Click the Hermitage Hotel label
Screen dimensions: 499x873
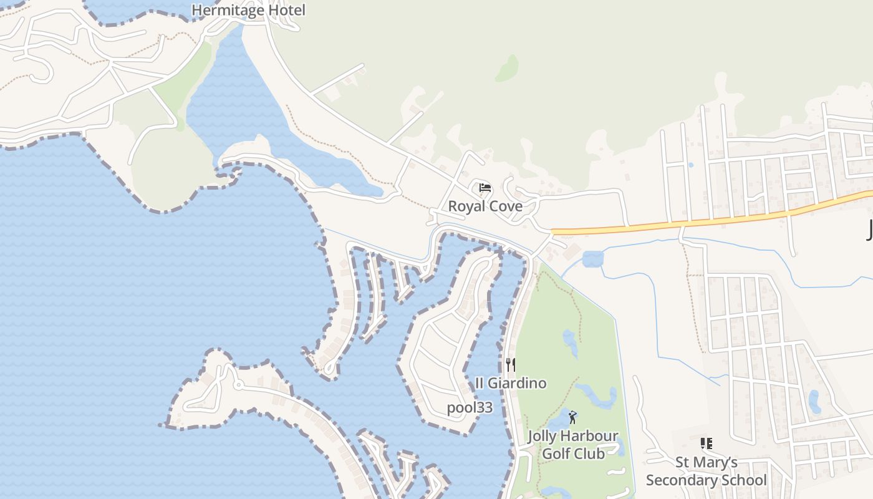pyautogui.click(x=248, y=11)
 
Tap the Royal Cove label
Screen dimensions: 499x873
pyautogui.click(x=485, y=206)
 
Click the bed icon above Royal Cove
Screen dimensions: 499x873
pyautogui.click(x=485, y=187)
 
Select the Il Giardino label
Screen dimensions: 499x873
pyautogui.click(x=511, y=383)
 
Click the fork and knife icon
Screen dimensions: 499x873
pyautogui.click(x=510, y=364)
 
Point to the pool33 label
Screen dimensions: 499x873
pyautogui.click(x=470, y=408)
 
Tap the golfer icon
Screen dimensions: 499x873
pyautogui.click(x=572, y=417)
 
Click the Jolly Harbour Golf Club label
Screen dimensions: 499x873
pyautogui.click(x=572, y=445)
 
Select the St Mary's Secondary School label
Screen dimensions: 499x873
pyautogui.click(x=706, y=471)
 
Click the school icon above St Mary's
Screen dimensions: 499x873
pyautogui.click(x=706, y=443)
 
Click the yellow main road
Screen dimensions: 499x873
pyautogui.click(x=717, y=221)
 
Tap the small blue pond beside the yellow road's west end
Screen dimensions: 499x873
pyautogui.click(x=593, y=258)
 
